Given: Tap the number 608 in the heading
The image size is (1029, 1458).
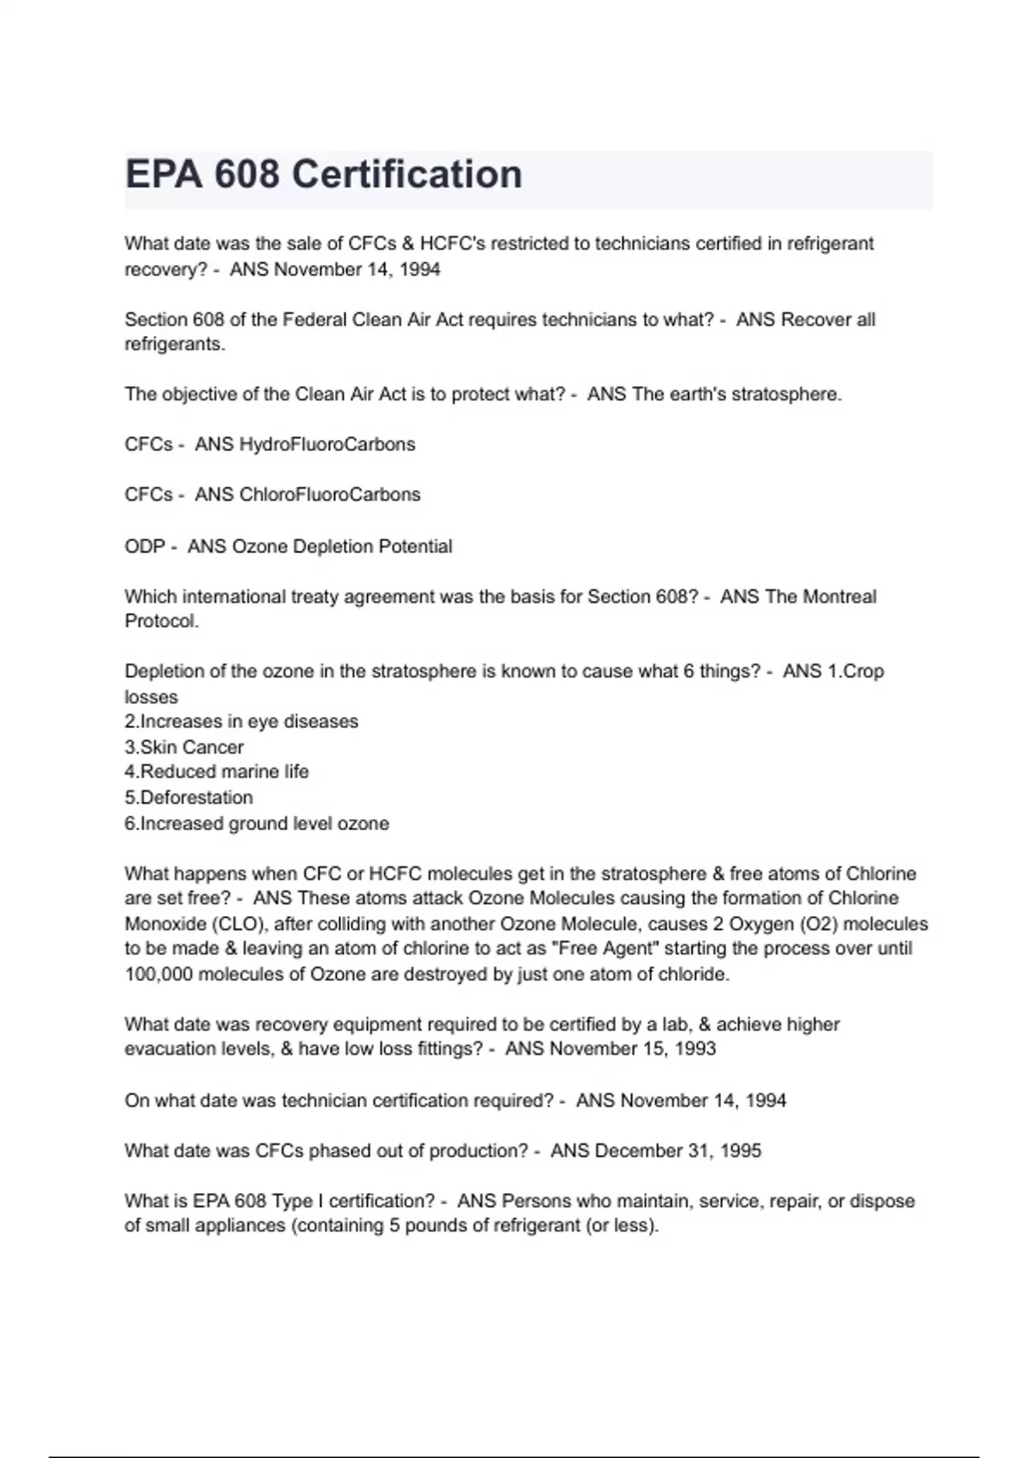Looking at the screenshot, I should [x=247, y=175].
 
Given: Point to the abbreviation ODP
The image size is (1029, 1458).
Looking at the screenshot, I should [x=144, y=546].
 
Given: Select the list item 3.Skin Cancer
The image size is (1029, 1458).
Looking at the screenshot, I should [x=184, y=747].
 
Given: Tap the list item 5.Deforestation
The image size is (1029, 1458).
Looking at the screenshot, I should [x=189, y=798].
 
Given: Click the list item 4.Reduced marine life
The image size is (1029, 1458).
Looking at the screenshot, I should [x=216, y=772].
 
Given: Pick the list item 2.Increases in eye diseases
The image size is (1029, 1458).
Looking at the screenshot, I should [x=241, y=721].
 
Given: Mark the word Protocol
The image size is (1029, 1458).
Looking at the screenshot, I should [x=161, y=622].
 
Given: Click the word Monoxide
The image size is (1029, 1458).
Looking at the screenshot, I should [x=165, y=925].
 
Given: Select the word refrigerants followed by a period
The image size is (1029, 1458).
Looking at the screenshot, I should [x=175, y=345].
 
